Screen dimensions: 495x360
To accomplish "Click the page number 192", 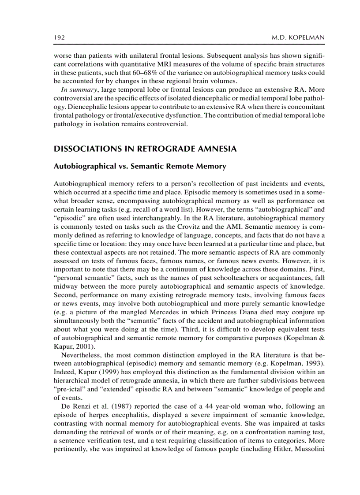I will point(59,38).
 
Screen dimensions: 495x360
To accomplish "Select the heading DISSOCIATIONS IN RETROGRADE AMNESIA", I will point(145,149).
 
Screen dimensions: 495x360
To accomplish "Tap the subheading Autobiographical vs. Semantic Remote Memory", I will point(140,167).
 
